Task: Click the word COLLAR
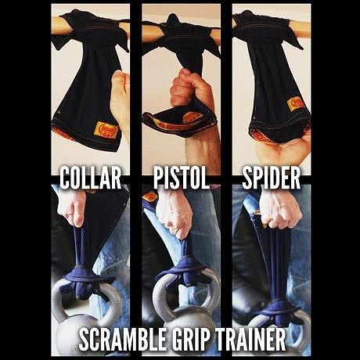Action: click(91, 178)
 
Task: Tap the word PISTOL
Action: click(182, 178)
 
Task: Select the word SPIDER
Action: click(272, 178)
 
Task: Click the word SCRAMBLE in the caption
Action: click(122, 339)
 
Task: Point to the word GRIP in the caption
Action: click(190, 339)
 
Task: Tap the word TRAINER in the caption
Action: click(250, 339)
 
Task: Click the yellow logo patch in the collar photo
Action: click(106, 130)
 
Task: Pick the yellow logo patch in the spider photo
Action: click(295, 103)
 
